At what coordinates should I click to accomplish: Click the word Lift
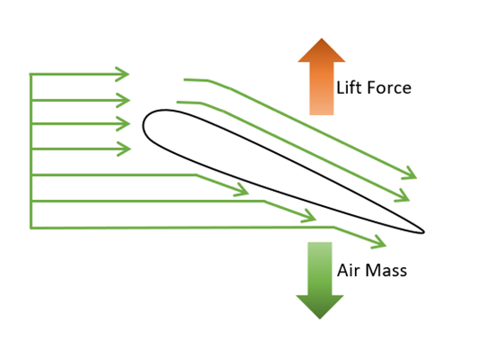pyautogui.click(x=350, y=88)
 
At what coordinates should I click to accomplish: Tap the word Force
pyautogui.click(x=389, y=88)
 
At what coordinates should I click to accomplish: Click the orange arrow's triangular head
pyautogui.click(x=321, y=52)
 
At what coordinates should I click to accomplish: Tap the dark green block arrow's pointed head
pyautogui.click(x=320, y=306)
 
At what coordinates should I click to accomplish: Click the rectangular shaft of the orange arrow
pyautogui.click(x=321, y=88)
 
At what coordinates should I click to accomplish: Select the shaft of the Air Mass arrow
pyautogui.click(x=320, y=269)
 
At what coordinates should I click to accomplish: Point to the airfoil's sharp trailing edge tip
pyautogui.click(x=424, y=232)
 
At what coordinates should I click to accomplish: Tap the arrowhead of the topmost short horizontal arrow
pyautogui.click(x=123, y=74)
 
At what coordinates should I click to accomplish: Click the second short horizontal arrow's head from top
pyautogui.click(x=125, y=100)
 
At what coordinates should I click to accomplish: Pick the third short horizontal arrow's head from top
pyautogui.click(x=125, y=124)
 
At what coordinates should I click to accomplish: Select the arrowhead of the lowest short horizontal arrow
pyautogui.click(x=125, y=149)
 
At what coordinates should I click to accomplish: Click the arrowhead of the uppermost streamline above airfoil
pyautogui.click(x=411, y=174)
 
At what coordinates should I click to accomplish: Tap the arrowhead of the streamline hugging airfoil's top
pyautogui.click(x=404, y=197)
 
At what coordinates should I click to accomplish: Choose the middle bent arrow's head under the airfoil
pyautogui.click(x=311, y=217)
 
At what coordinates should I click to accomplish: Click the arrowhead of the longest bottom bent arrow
pyautogui.click(x=381, y=242)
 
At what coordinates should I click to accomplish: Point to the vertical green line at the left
pyautogui.click(x=31, y=150)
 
